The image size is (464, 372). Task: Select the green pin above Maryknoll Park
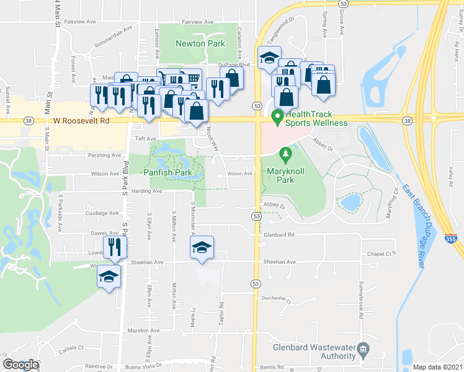[x=285, y=153]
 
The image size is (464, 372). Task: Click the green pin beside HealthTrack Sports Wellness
[x=277, y=116]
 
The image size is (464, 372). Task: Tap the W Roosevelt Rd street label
[x=81, y=122]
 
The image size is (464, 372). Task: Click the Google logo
[x=20, y=365]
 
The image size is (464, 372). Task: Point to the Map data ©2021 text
[x=437, y=367]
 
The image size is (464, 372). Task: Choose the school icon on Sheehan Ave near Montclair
[x=201, y=247]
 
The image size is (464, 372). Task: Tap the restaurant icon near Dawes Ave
[x=115, y=247]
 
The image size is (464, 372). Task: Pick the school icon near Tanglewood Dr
[x=269, y=58]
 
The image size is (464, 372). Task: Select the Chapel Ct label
[x=381, y=254]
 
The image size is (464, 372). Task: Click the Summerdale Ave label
[x=114, y=37]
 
